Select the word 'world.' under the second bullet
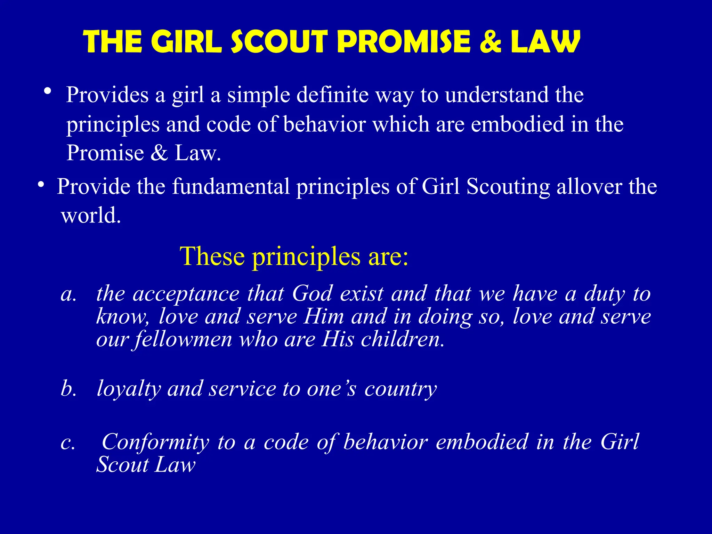91,215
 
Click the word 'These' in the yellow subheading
212,256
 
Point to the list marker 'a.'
68,294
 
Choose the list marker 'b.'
68,388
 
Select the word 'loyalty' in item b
129,389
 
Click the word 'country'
400,389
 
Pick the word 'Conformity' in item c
155,442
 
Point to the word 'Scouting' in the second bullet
508,187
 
